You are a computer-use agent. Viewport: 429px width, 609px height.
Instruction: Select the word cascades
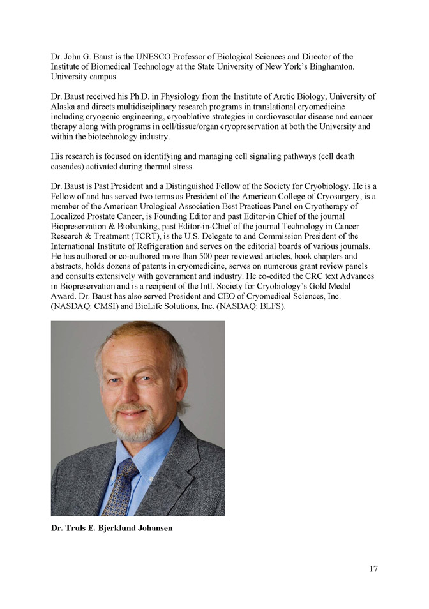click(x=69, y=166)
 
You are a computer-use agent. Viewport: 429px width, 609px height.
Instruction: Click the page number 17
click(x=373, y=568)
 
